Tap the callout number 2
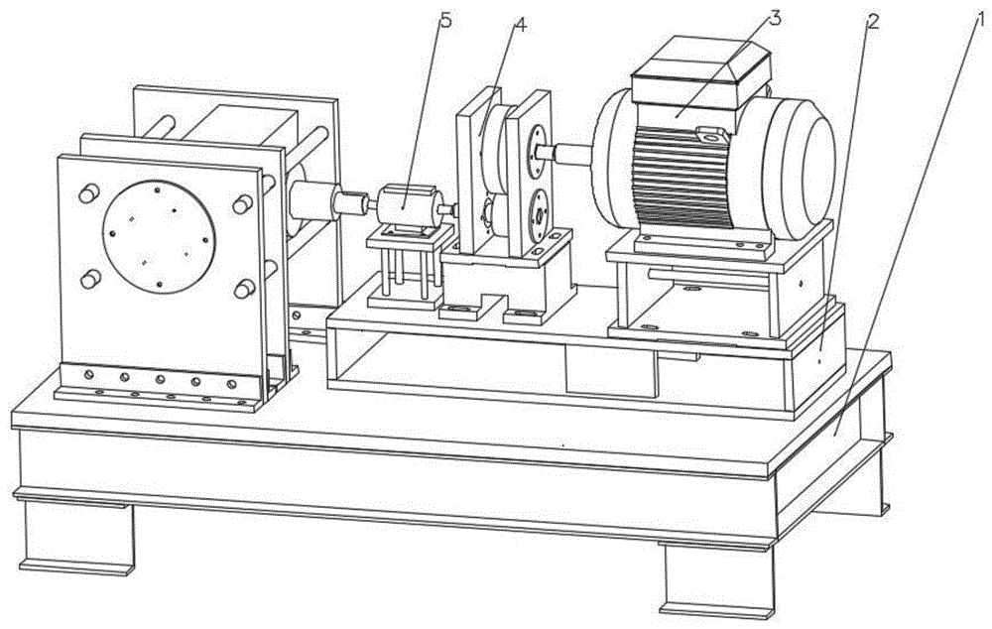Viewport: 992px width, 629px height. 872,22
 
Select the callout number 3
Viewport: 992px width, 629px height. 775,18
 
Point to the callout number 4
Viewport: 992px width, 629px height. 521,26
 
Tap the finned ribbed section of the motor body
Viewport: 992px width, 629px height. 683,179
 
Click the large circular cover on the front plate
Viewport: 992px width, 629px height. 159,237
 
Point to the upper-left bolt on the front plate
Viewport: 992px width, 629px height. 88,193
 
